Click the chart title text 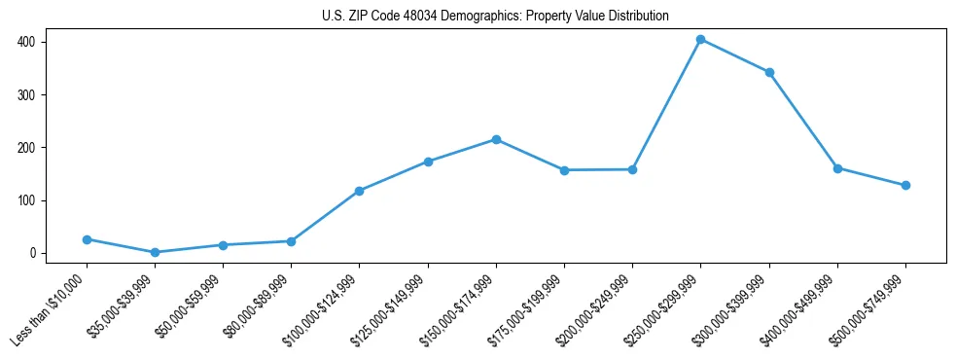coord(495,17)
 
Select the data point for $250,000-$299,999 coord(700,40)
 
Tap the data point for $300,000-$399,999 coord(769,72)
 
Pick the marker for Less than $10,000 coord(87,239)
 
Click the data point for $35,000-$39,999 coord(155,252)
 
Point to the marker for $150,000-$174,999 coord(496,139)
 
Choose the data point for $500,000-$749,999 coord(905,185)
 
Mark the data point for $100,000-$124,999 coord(359,191)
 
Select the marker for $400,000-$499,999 coord(837,168)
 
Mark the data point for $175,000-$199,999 coord(564,170)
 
